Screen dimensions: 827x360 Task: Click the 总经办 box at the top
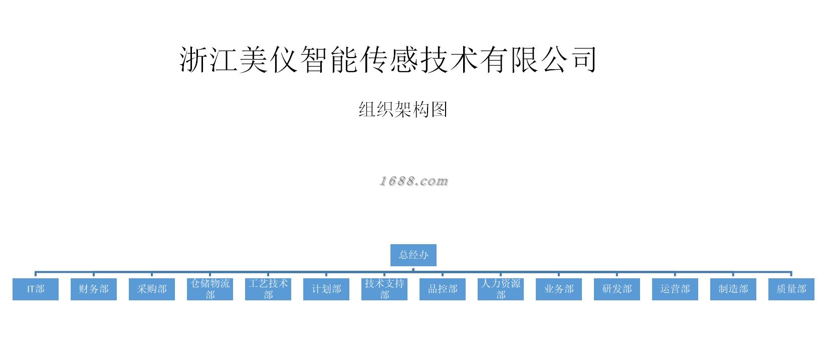click(x=413, y=255)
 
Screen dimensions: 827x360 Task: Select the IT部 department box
click(x=36, y=289)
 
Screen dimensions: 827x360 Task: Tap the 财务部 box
click(x=94, y=289)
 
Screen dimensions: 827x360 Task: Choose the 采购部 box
click(x=152, y=289)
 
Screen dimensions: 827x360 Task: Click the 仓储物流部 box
click(x=210, y=289)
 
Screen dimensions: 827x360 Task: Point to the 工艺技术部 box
click(x=268, y=289)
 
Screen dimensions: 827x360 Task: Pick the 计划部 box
click(x=326, y=289)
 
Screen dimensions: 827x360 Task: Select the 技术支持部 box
click(x=384, y=289)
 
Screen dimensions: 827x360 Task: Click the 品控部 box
click(x=443, y=289)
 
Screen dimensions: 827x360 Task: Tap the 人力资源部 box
click(x=501, y=289)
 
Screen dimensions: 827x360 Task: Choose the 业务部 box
click(x=559, y=289)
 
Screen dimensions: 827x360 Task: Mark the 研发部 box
click(x=617, y=289)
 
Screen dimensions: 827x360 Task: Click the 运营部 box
click(x=675, y=289)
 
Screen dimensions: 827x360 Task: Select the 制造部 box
click(x=733, y=289)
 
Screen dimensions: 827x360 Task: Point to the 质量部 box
click(x=791, y=289)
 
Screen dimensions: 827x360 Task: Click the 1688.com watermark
click(x=413, y=181)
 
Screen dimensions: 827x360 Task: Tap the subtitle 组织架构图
click(x=403, y=109)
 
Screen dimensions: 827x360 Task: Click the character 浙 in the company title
click(x=194, y=60)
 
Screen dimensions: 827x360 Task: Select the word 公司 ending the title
click(x=567, y=60)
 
